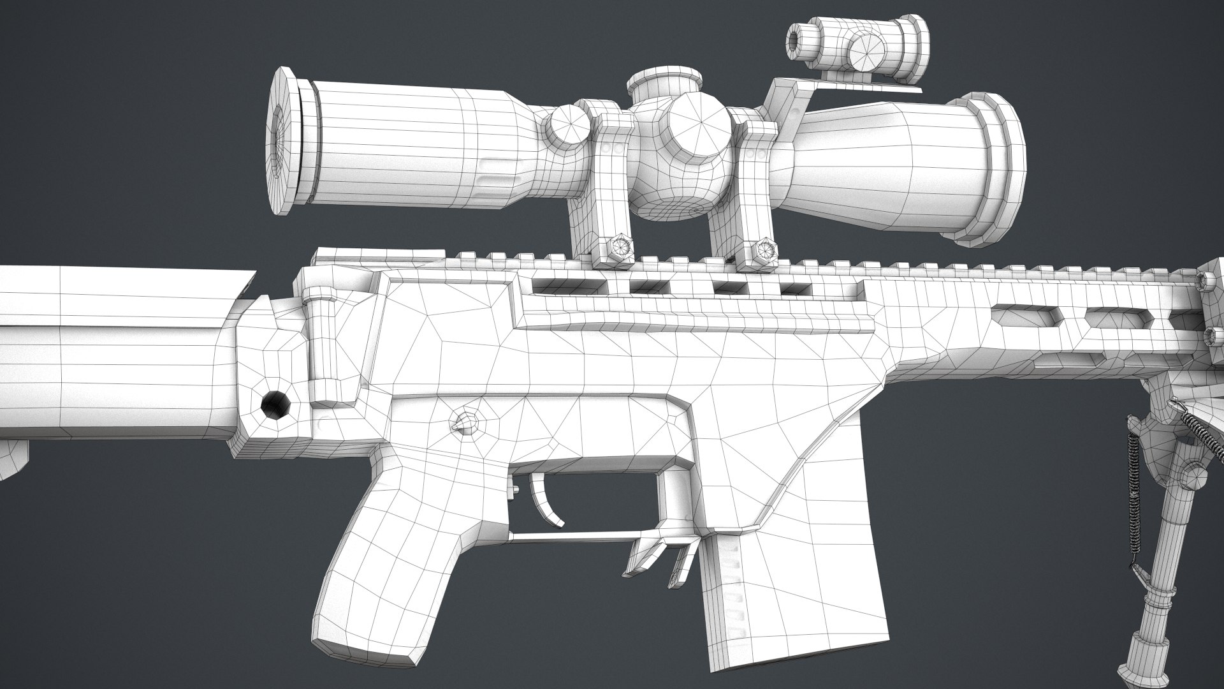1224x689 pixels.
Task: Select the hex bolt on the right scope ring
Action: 763,246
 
